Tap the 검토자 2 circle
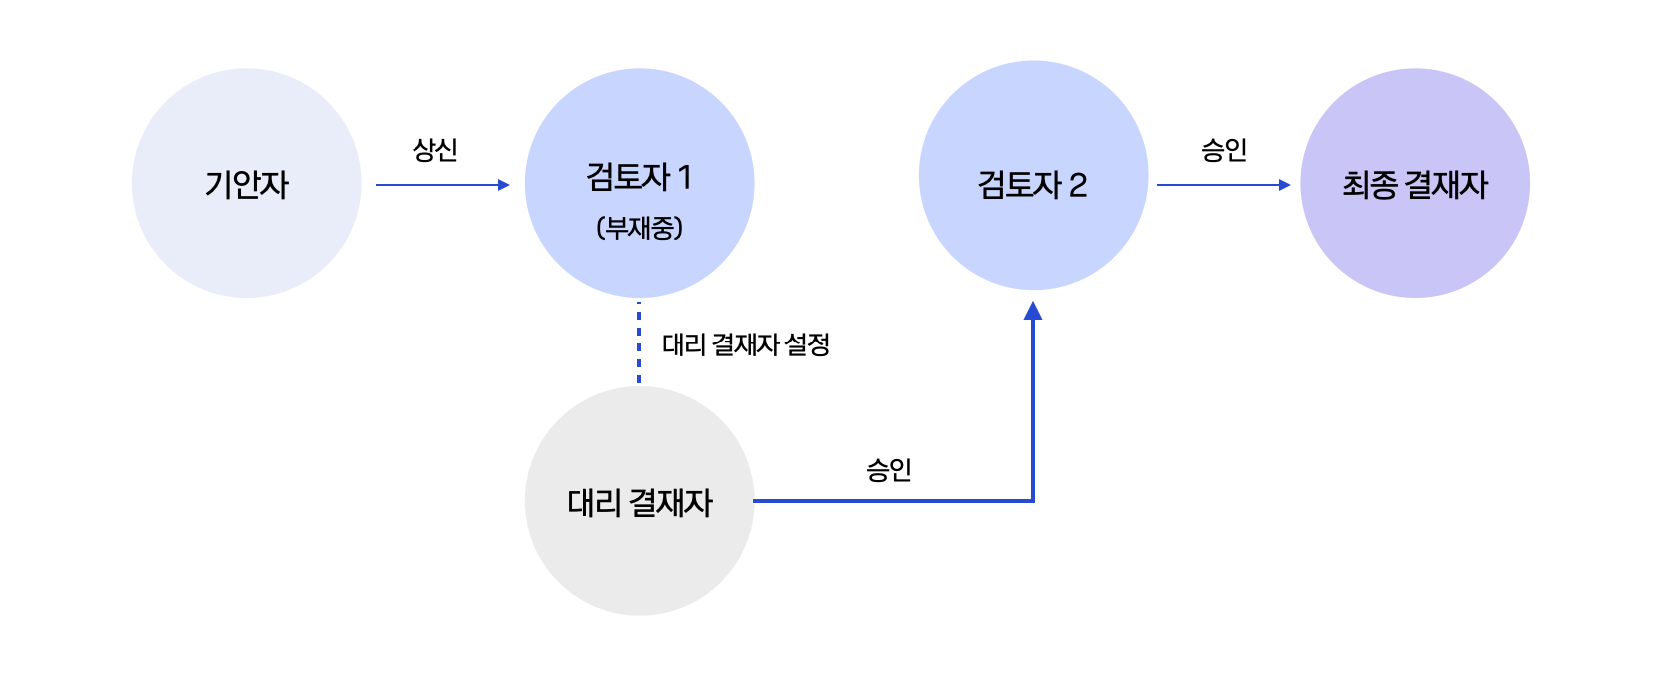1033,120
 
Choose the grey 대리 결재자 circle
639,569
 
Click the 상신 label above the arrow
435,150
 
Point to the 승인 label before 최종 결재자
1224,150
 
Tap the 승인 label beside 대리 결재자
889,469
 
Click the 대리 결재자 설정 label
746,344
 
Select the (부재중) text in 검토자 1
639,228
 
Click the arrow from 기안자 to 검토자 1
439,185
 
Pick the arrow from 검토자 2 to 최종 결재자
1219,185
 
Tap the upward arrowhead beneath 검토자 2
1033,311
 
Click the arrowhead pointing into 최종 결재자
1285,185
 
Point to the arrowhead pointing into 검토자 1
504,185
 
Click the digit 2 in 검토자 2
1078,185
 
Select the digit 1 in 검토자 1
684,178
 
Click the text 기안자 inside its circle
246,185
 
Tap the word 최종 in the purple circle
1369,185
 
